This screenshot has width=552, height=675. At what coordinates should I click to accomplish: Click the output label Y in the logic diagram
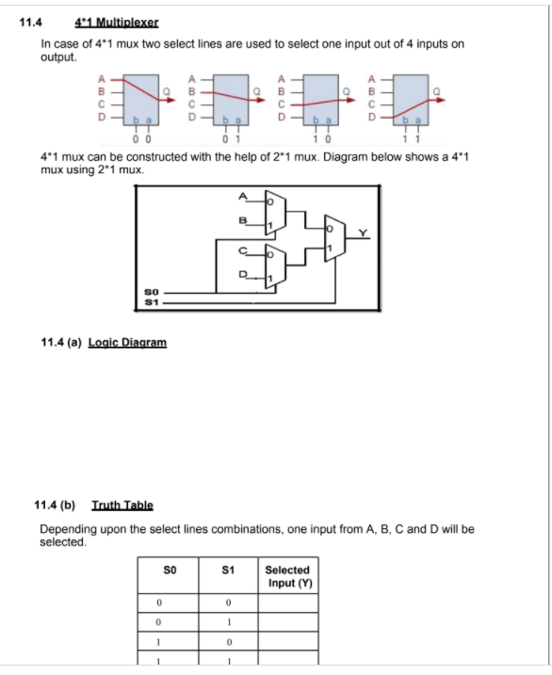pyautogui.click(x=359, y=233)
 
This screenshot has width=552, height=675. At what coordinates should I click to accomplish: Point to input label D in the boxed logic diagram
pyautogui.click(x=247, y=276)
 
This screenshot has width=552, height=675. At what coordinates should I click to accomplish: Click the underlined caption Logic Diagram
pyautogui.click(x=127, y=342)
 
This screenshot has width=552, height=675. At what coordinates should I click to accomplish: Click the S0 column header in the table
pyautogui.click(x=170, y=570)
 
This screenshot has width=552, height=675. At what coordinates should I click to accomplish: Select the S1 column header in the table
pyautogui.click(x=227, y=570)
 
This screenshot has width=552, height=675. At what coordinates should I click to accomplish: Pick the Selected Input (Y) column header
pyautogui.click(x=287, y=576)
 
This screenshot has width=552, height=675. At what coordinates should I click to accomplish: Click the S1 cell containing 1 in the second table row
pyautogui.click(x=227, y=621)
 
